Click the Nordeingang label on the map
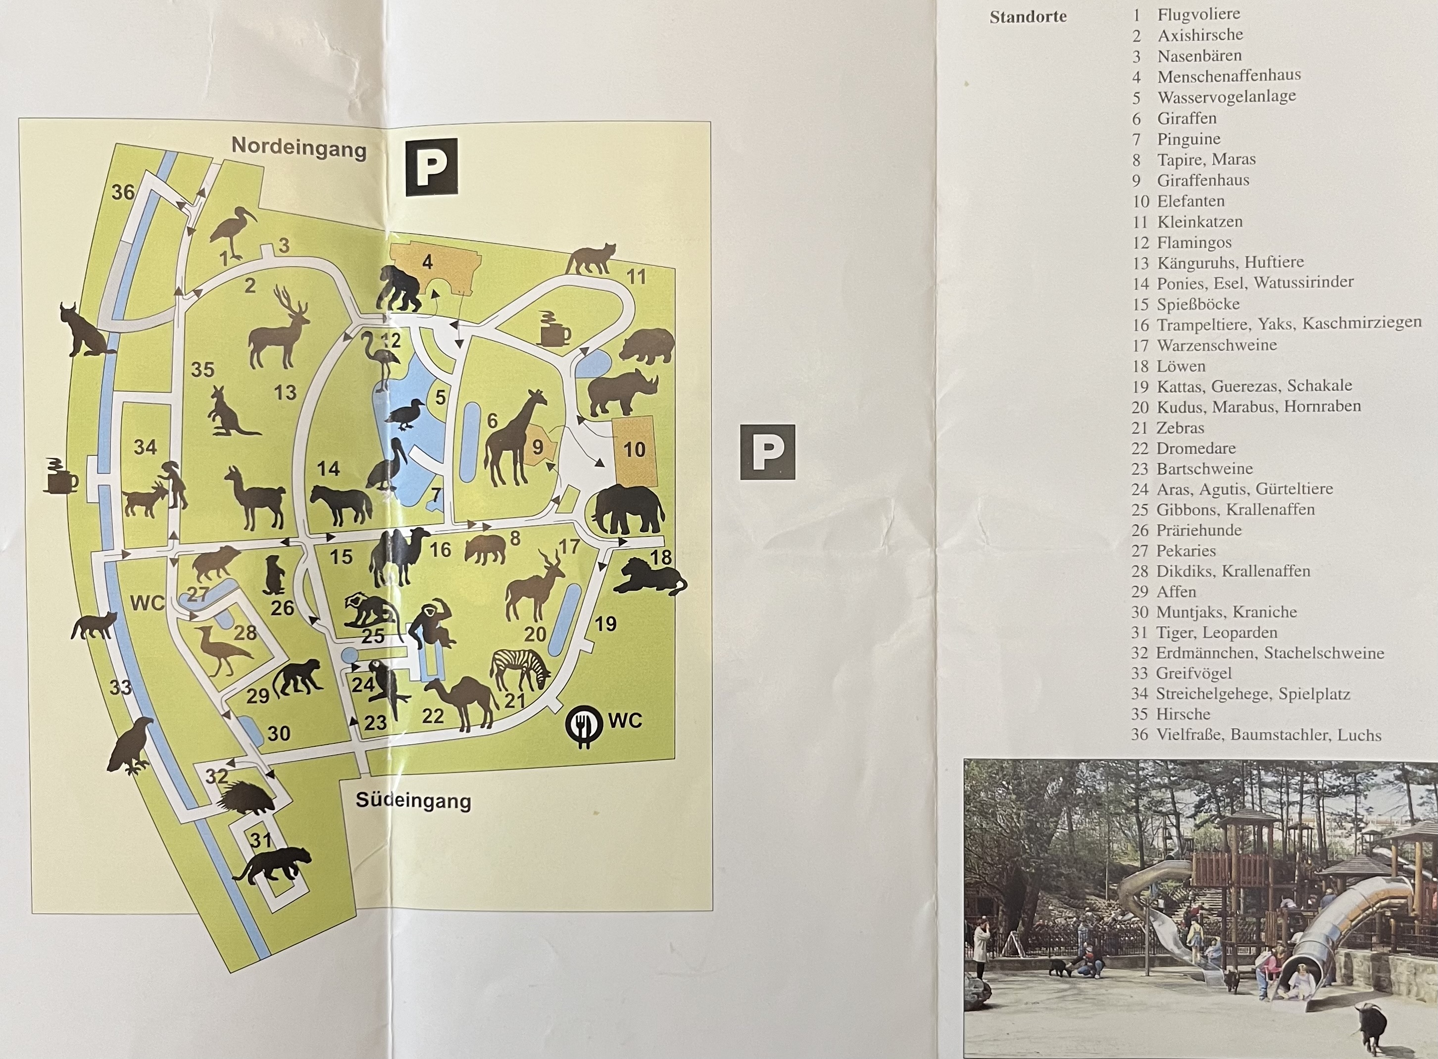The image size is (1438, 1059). click(x=299, y=147)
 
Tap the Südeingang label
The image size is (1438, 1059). click(x=413, y=801)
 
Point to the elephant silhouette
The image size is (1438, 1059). click(x=627, y=510)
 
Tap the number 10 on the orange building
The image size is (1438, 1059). click(x=634, y=449)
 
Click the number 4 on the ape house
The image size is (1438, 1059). click(x=427, y=262)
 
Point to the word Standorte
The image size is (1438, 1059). click(x=1028, y=17)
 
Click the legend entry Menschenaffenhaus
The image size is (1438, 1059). click(x=1228, y=76)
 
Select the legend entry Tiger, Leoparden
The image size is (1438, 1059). click(x=1216, y=633)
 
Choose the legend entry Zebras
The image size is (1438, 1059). click(x=1180, y=428)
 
